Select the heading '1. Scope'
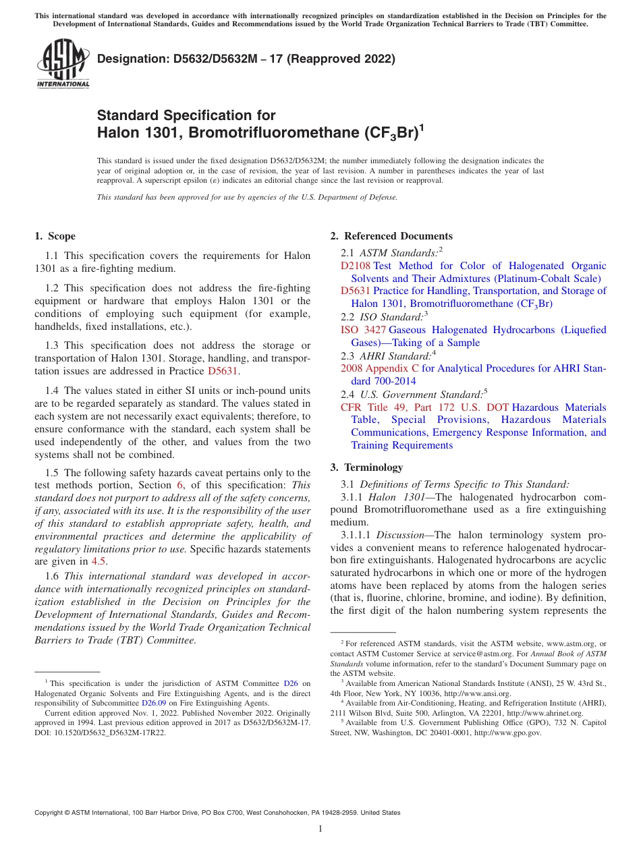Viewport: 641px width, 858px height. (x=55, y=236)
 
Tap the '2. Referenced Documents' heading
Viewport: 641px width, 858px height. (x=391, y=236)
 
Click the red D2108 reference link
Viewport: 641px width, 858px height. (x=356, y=266)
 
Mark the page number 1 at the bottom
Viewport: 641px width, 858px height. (x=320, y=829)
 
